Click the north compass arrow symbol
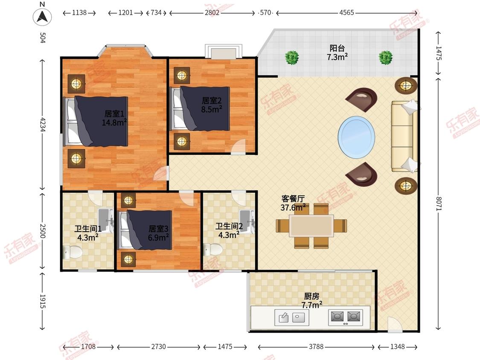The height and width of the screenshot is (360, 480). tap(42, 16)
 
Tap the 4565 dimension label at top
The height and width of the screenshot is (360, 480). tap(346, 12)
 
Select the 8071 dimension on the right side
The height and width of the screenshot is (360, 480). tap(439, 203)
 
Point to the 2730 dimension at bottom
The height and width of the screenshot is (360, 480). tap(159, 346)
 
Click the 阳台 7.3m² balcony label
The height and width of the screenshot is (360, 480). tap(337, 52)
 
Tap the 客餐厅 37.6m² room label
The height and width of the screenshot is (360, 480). tap(293, 203)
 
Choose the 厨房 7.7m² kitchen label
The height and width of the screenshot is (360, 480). tap(311, 301)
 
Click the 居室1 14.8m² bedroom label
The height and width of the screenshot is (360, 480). tap(114, 118)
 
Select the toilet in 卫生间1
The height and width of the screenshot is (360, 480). tap(73, 252)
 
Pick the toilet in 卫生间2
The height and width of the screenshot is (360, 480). tap(213, 249)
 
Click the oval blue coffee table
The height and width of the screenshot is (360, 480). tap(356, 137)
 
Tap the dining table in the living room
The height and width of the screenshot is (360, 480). tap(311, 226)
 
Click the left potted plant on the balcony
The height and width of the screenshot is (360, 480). tap(292, 57)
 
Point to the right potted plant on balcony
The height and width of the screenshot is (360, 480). tap(386, 57)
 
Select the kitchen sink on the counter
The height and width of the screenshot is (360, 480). tap(291, 317)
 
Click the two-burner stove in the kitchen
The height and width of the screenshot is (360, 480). tap(346, 317)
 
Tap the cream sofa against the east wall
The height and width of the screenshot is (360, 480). tap(404, 136)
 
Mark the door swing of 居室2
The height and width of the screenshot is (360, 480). tap(239, 146)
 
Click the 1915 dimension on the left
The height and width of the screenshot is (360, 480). tap(42, 302)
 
